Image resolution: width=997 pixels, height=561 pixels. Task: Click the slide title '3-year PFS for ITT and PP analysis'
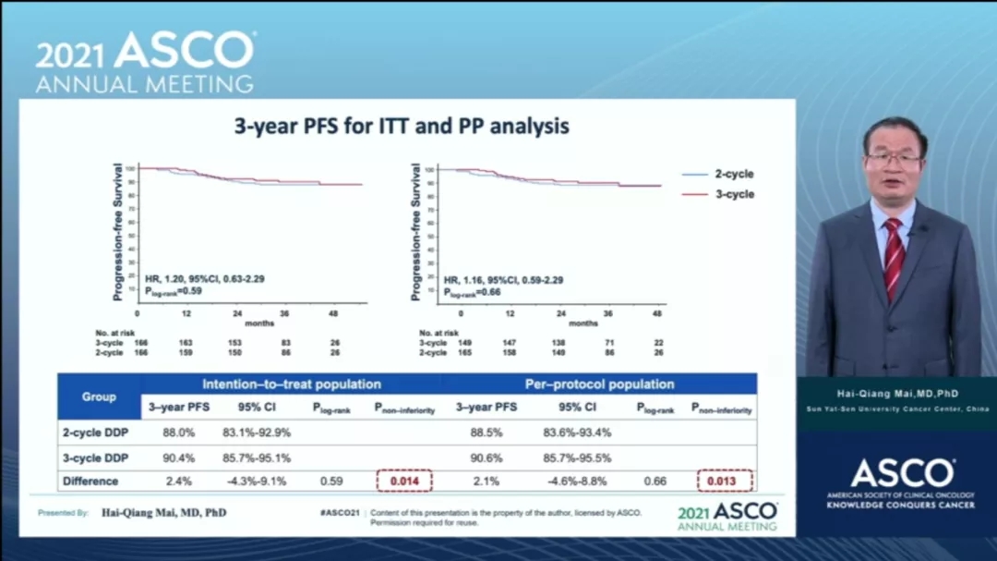[402, 127]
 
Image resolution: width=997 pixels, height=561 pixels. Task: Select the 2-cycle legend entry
[719, 174]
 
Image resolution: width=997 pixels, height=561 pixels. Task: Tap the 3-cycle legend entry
[719, 194]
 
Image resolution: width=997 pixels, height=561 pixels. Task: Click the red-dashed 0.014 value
[404, 481]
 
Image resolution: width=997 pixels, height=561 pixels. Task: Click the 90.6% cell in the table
[486, 457]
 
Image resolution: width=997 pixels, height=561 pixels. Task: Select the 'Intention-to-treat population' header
[292, 384]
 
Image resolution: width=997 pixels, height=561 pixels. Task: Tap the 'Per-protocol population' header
[600, 384]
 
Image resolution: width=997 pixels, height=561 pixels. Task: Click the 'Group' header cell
[99, 396]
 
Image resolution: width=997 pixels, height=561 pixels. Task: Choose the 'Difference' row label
[90, 481]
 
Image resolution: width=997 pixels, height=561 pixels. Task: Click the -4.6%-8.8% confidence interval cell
[579, 481]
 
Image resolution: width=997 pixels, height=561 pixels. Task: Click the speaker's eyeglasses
[893, 159]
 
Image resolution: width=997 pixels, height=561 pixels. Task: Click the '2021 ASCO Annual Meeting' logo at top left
[145, 62]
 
